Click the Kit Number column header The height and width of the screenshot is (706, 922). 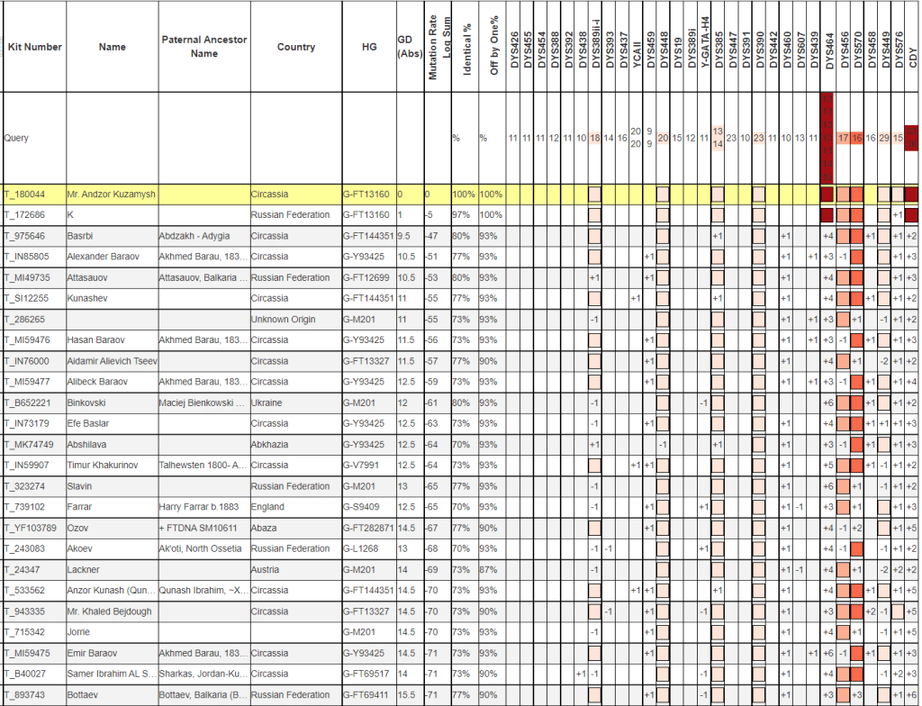click(34, 47)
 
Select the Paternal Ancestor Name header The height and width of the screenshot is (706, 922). click(204, 47)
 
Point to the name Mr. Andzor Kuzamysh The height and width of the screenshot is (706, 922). click(111, 195)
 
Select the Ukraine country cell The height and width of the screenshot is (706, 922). click(268, 403)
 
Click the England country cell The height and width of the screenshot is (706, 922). click(269, 507)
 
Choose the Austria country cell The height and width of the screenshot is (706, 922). click(267, 569)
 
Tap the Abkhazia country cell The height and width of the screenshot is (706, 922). click(272, 444)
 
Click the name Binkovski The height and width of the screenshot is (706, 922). click(91, 403)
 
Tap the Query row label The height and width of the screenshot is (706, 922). click(16, 139)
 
